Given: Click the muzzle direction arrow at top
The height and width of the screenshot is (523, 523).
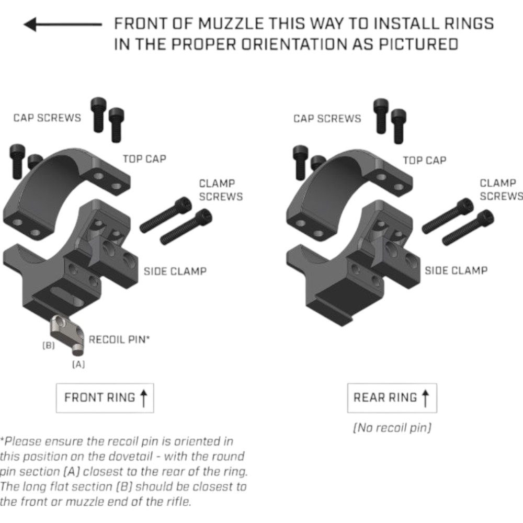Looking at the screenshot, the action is tap(63, 25).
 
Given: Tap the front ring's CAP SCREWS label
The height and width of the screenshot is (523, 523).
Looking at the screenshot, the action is tap(47, 118).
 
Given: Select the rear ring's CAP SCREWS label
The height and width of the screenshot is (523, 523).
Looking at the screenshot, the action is tap(327, 119).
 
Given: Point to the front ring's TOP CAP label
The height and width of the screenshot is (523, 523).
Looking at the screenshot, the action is tap(144, 159).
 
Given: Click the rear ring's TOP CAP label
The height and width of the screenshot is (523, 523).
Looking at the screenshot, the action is tap(425, 161).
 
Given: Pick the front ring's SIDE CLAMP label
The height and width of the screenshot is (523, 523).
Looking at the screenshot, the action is tap(175, 271).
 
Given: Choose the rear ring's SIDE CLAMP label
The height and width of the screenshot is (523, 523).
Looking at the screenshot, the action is tap(456, 270).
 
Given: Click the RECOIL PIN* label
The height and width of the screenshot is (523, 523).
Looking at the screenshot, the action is tap(119, 339).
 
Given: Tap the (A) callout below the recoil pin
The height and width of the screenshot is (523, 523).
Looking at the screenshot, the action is tap(78, 364).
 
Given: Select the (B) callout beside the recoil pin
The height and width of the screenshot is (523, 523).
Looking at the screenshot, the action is tap(48, 346).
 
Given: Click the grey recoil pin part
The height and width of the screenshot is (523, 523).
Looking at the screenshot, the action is tap(67, 335).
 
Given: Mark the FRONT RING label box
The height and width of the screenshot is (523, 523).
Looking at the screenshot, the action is tap(105, 398).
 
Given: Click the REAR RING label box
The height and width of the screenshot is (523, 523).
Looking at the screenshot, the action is tap(392, 398).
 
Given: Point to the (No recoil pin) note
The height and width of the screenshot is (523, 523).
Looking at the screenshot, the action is tap(392, 428).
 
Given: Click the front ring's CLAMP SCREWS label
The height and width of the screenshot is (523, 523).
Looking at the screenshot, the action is tap(221, 190).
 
